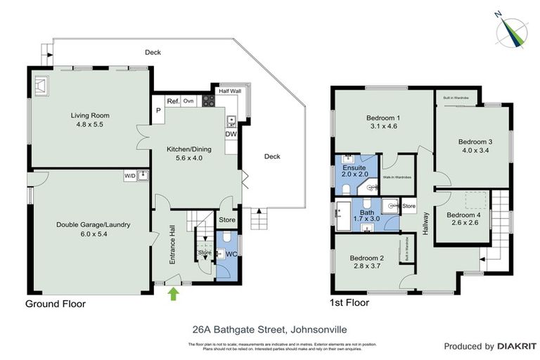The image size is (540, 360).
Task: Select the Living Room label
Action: click(x=89, y=115)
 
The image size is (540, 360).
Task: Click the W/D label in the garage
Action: click(x=129, y=176)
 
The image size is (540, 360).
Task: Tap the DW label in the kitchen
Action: click(x=230, y=134)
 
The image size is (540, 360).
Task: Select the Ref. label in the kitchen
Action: click(x=172, y=101)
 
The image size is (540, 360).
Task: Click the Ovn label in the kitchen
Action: click(x=188, y=101)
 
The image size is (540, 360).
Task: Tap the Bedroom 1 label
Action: click(x=383, y=117)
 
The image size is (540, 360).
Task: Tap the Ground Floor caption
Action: click(x=56, y=304)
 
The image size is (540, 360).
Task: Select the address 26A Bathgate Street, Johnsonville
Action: click(x=269, y=328)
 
